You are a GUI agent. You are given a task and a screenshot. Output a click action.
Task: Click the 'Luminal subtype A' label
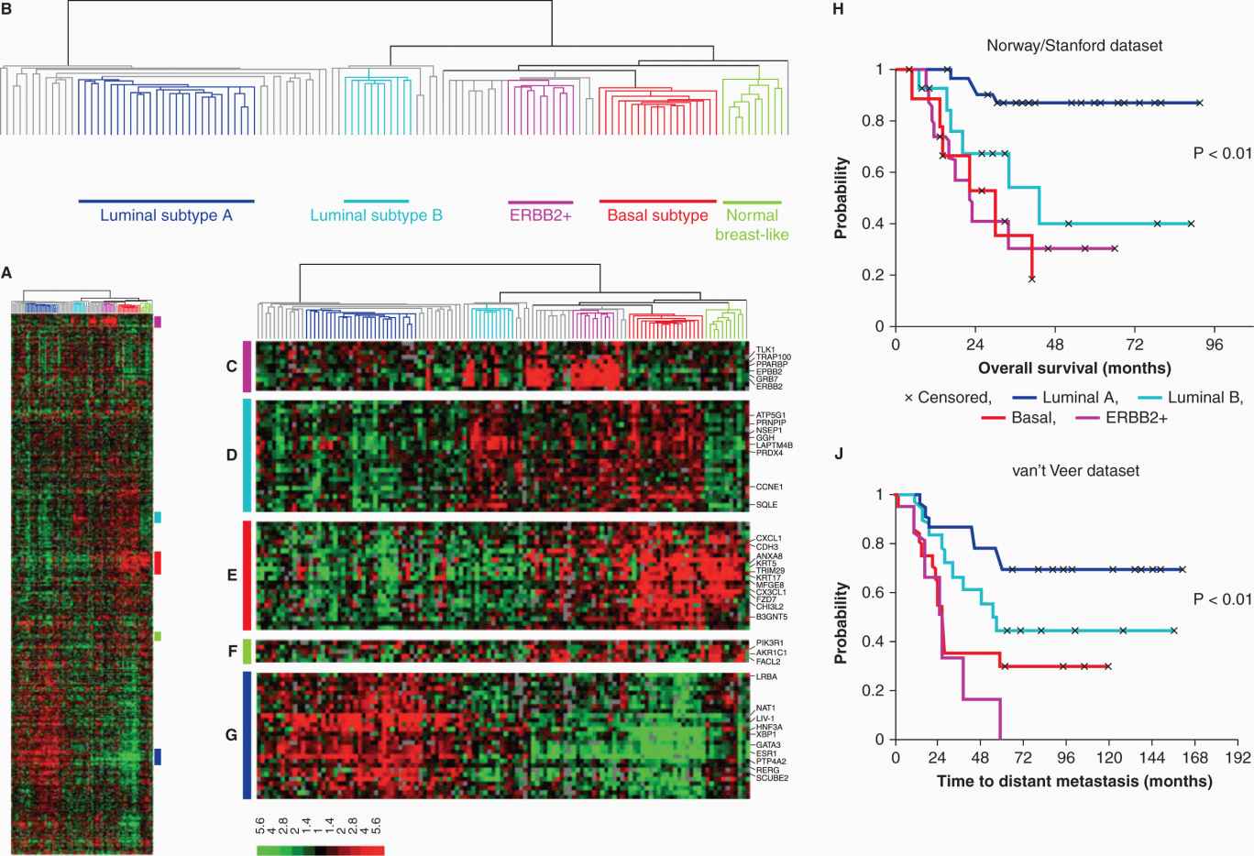click(166, 216)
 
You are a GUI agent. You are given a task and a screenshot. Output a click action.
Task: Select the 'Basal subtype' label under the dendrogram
click(657, 216)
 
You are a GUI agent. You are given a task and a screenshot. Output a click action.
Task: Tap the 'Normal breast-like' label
click(752, 225)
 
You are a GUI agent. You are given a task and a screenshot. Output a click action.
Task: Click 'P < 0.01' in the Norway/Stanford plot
click(1222, 154)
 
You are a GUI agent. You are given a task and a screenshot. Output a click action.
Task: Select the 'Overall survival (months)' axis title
click(1074, 368)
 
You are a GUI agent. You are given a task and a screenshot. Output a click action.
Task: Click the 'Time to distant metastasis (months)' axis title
click(1074, 782)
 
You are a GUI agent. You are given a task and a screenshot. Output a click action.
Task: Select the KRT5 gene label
click(766, 564)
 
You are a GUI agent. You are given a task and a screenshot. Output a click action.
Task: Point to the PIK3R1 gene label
click(769, 643)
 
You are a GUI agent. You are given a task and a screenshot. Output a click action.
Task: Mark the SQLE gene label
click(766, 504)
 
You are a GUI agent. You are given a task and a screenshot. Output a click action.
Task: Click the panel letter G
click(231, 735)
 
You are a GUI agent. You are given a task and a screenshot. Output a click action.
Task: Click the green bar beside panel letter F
click(247, 652)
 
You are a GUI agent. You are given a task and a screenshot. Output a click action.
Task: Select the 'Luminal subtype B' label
click(376, 216)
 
